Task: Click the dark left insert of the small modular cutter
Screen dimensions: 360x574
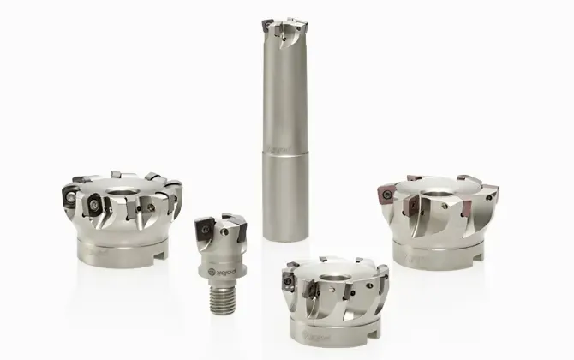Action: pos(206,230)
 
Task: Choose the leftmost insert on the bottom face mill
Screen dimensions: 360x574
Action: pos(290,275)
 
